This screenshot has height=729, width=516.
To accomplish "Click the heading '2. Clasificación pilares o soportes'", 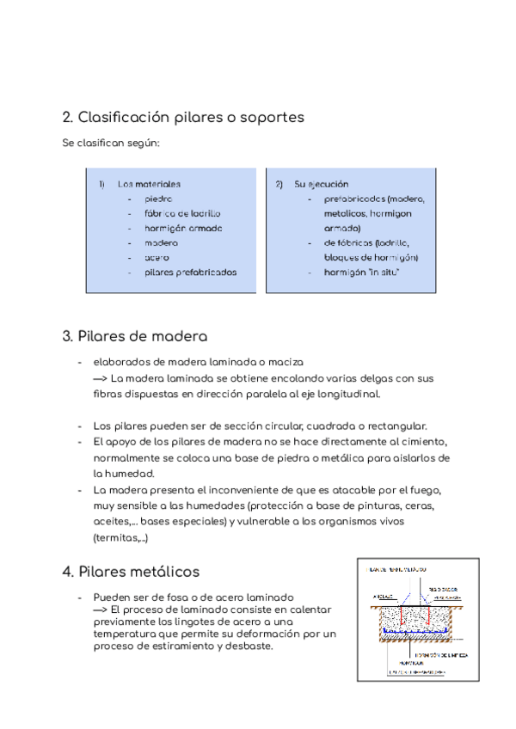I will click(x=183, y=117).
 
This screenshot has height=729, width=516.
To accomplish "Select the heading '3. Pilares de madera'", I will click(x=135, y=336).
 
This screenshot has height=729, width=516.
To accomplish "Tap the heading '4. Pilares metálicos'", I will click(x=131, y=571).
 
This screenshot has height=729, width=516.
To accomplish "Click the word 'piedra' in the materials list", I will click(x=158, y=199).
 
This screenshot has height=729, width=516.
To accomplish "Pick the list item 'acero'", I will click(x=157, y=257).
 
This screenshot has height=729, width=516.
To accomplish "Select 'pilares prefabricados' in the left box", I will click(x=190, y=272).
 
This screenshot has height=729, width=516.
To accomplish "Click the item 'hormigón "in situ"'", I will click(x=361, y=272).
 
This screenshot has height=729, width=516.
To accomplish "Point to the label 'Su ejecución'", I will click(x=321, y=184).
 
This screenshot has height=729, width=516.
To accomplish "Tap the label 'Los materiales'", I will click(x=149, y=184).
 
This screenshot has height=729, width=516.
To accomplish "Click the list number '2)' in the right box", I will click(x=279, y=184).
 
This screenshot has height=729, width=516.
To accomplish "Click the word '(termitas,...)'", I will click(x=120, y=537).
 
